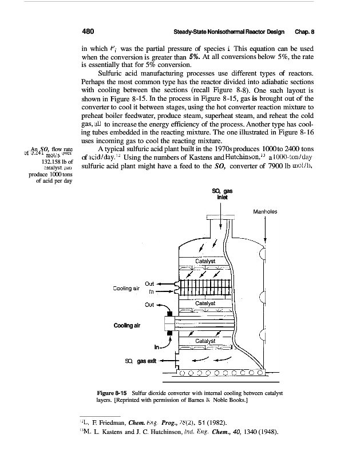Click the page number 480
[88, 32]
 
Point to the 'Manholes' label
[265, 211]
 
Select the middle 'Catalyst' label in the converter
[205, 302]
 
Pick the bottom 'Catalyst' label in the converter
[205, 341]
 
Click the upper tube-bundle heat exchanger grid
[205, 285]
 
